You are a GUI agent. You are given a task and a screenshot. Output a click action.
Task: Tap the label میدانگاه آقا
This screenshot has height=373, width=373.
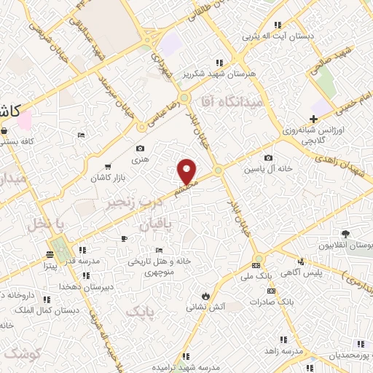[x=235, y=104]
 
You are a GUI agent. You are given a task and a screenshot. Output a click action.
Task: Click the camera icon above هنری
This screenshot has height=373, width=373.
[x=141, y=127]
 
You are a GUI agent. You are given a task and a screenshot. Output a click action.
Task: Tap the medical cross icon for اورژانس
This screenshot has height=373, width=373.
[x=314, y=119]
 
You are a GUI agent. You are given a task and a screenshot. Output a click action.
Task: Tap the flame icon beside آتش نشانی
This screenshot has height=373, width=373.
[x=206, y=296]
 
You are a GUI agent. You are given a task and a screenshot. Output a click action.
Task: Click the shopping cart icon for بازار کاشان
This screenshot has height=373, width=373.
[x=108, y=167]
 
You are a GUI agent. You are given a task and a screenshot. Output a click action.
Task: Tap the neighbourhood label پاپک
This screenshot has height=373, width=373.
[x=141, y=312]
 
